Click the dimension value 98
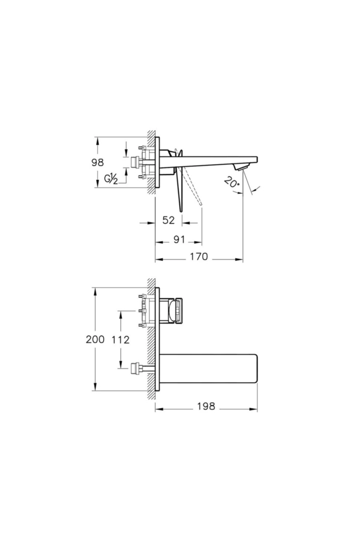(98, 163)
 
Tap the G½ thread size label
(111, 179)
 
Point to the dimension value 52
(168, 220)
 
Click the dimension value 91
(179, 240)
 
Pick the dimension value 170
(199, 257)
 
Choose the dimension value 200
(95, 340)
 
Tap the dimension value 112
(121, 340)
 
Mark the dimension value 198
(206, 406)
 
